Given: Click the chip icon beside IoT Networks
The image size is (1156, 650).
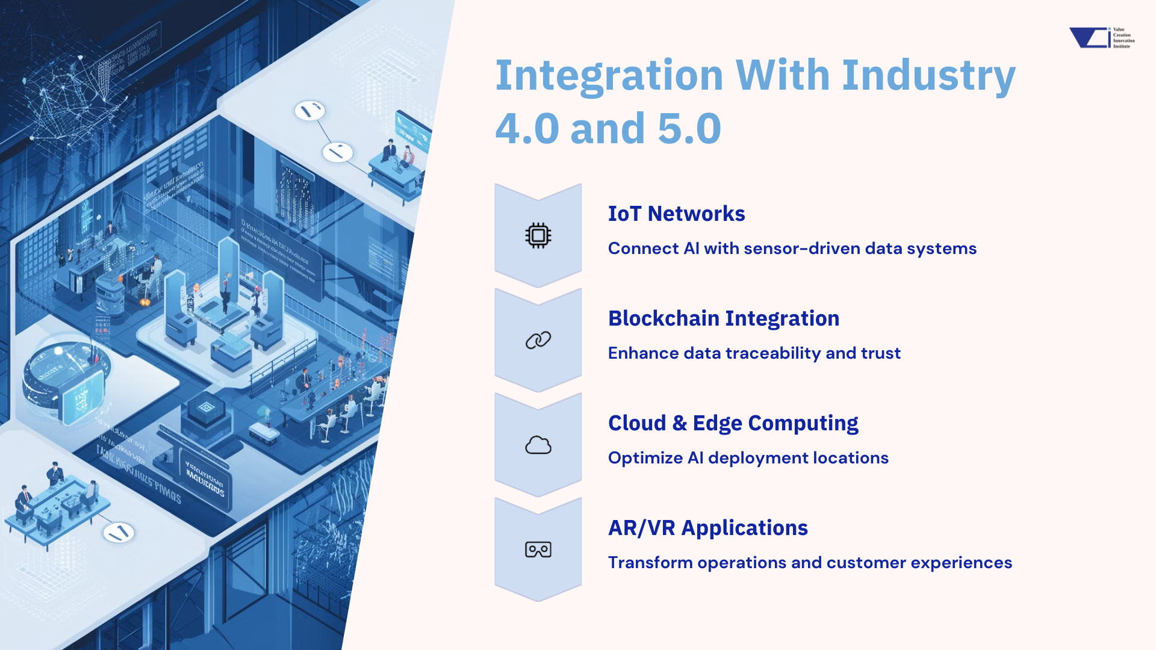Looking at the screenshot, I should pos(538,235).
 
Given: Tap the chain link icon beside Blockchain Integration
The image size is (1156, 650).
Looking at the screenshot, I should pos(538,340).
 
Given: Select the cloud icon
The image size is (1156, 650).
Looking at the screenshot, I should pos(538,445).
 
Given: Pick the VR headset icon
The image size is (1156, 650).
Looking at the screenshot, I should pos(538,549).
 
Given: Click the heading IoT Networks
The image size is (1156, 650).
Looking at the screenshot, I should pos(676,214).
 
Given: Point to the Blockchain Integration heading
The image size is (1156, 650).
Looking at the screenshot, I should pos(723,318).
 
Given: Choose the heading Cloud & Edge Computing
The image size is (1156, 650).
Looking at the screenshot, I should pos(733,423).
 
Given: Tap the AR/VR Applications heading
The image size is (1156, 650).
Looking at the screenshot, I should pos(707,528).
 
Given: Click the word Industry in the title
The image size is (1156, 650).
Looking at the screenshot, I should pos(928,76).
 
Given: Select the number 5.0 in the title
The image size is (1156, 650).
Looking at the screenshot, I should pos(689,129).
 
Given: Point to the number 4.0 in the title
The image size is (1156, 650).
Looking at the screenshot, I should pos(527,129).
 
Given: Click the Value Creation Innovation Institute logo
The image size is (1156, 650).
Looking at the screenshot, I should pos(1101,37).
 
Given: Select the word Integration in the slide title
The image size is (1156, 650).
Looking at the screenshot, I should pos(609,76).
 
